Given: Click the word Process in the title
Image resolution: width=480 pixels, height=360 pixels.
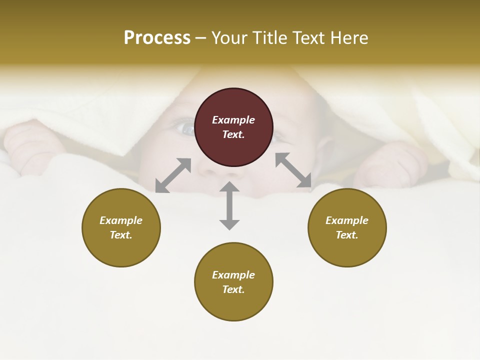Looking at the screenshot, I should (157, 38).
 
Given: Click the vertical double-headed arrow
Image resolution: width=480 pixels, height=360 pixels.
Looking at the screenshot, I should (229, 205).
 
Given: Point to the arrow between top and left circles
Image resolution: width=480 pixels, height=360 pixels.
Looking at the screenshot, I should (173, 175).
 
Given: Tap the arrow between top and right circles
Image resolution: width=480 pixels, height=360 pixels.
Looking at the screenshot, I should (293, 170).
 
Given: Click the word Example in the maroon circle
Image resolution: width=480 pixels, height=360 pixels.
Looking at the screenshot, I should (233, 120).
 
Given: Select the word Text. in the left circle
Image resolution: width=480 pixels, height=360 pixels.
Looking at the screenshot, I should (121, 235).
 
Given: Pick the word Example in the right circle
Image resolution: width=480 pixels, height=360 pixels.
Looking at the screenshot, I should (347, 220).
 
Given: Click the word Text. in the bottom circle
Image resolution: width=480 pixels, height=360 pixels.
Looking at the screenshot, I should (233, 289).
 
